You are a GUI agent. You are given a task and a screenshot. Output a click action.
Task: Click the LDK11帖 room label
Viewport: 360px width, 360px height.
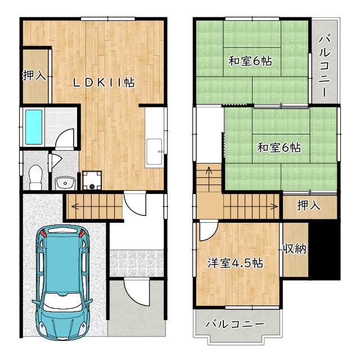pos(104,83)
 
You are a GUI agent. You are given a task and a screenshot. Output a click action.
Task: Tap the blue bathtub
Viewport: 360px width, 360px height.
pos(34,127)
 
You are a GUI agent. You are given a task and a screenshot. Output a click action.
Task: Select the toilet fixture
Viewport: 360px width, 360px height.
pos(35,177)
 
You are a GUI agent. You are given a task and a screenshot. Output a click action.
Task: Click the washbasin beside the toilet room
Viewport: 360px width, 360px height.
pos(66,183)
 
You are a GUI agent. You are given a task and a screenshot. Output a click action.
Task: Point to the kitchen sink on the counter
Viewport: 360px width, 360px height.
pos(154,151)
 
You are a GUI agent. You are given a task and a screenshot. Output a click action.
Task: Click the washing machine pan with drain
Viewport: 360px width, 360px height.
pos(92,180)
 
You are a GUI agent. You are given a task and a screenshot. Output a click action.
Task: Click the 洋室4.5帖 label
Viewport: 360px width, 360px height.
pos(235,263)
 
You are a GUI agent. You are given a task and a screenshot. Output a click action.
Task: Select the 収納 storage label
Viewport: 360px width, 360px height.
pos(295,249)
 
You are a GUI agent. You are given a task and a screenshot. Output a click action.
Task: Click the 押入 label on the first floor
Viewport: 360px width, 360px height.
pos(34,75)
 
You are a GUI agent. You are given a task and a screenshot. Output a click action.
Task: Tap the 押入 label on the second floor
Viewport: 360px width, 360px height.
pos(309,205)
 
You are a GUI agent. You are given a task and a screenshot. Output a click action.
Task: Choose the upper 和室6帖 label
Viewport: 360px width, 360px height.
pos(250,61)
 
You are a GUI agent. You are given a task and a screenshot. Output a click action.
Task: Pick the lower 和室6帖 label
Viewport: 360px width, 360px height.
pos(279,147)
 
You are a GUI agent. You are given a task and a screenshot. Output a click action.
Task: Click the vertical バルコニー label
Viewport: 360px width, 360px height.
pos(325,65)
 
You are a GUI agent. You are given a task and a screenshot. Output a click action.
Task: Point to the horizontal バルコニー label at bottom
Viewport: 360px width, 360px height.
pos(235,325)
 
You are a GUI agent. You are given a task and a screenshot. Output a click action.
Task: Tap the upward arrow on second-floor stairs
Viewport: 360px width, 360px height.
pos(209,179)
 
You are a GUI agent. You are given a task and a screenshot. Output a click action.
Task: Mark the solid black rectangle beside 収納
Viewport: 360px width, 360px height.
pos(324,250)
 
